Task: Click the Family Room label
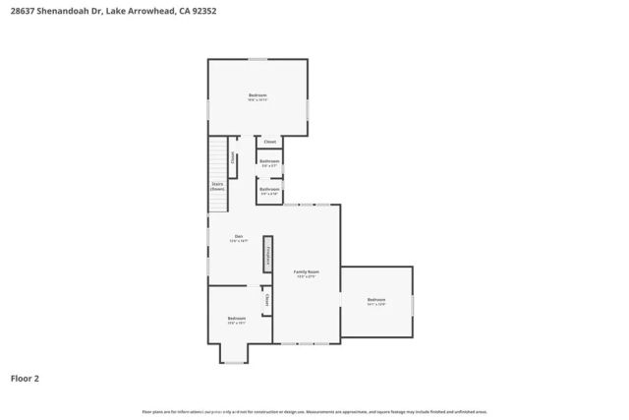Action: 307,273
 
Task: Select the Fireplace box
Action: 265,258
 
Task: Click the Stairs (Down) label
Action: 217,185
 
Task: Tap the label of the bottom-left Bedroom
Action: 237,320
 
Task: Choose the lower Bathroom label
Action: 269,190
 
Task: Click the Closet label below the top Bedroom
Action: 269,142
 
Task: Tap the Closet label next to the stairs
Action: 233,157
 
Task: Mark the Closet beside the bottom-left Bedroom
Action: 266,301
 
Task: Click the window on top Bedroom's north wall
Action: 257,59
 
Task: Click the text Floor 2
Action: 26,378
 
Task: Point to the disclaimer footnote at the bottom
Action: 314,412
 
